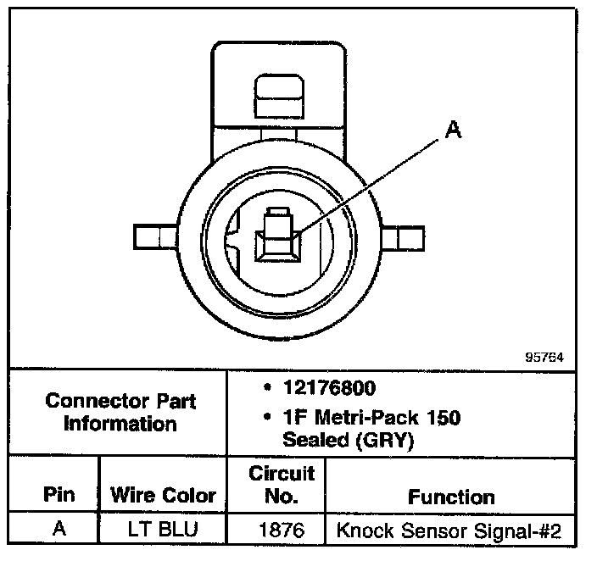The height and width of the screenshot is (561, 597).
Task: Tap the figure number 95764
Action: (x=543, y=357)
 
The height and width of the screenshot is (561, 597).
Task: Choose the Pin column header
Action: (x=59, y=494)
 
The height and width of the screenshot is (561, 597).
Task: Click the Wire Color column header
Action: (x=163, y=495)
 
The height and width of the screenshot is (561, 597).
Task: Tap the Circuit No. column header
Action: (x=282, y=484)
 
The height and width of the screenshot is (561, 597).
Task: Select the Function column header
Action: (x=451, y=497)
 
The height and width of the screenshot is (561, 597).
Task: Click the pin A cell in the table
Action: (x=59, y=530)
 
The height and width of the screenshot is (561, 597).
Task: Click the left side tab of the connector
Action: (x=153, y=236)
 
